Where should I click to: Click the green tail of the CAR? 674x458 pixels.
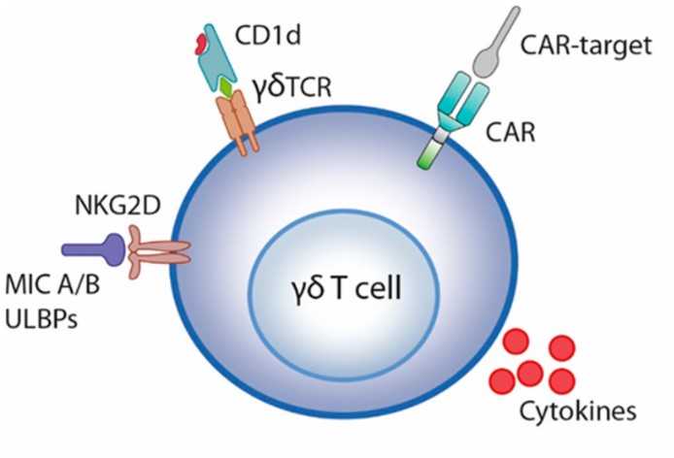[x=428, y=153]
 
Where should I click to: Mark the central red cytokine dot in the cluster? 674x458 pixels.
[x=529, y=372]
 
